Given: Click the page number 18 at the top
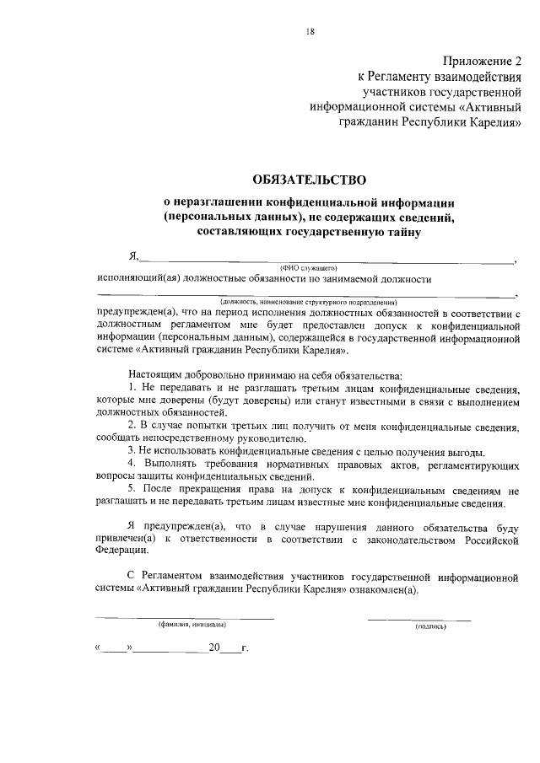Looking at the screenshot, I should [x=310, y=32].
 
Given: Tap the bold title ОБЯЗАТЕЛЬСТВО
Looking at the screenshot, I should [x=310, y=180].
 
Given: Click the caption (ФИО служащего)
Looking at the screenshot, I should [x=303, y=267].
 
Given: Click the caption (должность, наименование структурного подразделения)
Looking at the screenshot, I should [x=310, y=301].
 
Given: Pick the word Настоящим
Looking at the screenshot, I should [x=155, y=373].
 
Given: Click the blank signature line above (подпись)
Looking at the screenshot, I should [x=418, y=619].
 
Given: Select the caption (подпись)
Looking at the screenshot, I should [x=429, y=626].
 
